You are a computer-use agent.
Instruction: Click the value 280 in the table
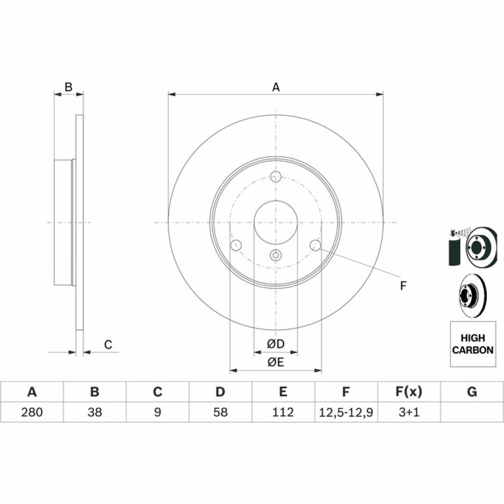32,412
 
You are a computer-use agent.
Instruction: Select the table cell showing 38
95,412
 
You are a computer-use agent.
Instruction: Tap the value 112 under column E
283,412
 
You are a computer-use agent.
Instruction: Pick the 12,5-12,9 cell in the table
346,412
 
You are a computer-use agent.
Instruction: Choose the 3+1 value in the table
409,412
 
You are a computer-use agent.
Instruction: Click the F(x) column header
409,392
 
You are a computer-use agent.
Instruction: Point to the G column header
472,392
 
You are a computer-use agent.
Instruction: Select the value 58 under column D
220,412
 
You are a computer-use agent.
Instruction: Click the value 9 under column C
157,412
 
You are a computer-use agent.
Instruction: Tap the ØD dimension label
276,344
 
